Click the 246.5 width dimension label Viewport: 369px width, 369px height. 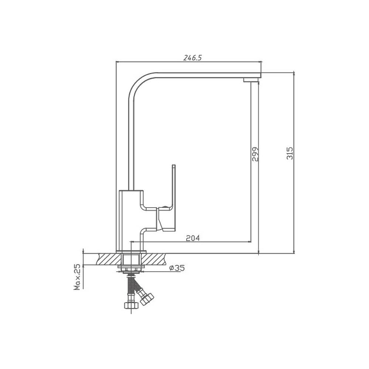(193, 58)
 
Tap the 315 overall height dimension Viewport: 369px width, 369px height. (290, 153)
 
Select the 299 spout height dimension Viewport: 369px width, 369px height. (255, 154)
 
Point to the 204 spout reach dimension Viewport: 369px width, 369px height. (193, 238)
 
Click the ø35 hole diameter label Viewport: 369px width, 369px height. (177, 268)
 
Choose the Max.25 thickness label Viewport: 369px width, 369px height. (77, 277)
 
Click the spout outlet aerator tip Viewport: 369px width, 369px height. (251, 80)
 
